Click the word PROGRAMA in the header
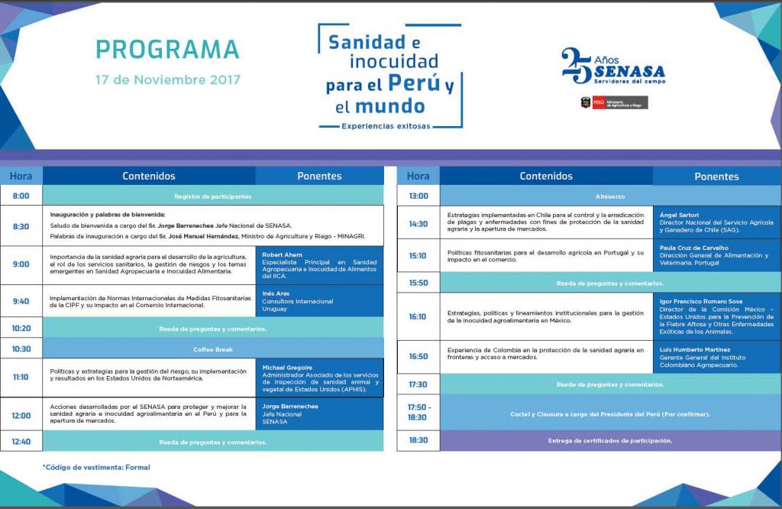coord(167,49)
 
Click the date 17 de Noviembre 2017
coord(167,79)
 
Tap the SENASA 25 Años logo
coord(612,66)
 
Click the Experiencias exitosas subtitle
coord(386,125)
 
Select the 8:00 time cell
coord(21,196)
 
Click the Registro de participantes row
coord(212,196)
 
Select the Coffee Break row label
coord(212,349)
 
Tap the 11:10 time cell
coord(21,377)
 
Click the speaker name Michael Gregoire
coord(287,368)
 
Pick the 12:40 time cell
coord(21,441)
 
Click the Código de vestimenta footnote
coord(96,467)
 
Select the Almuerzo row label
coord(610,196)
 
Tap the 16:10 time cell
coord(418,316)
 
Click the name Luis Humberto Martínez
coord(694,349)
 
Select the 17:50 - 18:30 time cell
coord(418,413)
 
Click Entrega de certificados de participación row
coord(610,441)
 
